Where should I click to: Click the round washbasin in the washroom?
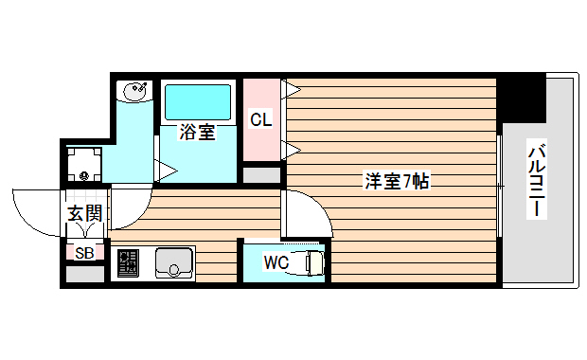pyautogui.click(x=134, y=92)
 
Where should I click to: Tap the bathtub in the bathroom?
pyautogui.click(x=198, y=101)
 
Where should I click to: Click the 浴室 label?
pyautogui.click(x=197, y=133)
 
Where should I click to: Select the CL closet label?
pyautogui.click(x=261, y=119)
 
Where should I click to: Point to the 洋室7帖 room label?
pyautogui.click(x=397, y=180)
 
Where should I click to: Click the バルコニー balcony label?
pyautogui.click(x=537, y=180)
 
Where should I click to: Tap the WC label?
pyautogui.click(x=276, y=261)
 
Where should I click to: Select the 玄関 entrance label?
pyautogui.click(x=84, y=213)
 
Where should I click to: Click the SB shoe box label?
pyautogui.click(x=84, y=252)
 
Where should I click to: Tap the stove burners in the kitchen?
pyautogui.click(x=128, y=262)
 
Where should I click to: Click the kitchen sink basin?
pyautogui.click(x=173, y=261)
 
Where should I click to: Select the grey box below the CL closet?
pyautogui.click(x=262, y=175)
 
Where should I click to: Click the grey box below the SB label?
pyautogui.click(x=84, y=275)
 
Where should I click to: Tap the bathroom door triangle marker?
pyautogui.click(x=166, y=171)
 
